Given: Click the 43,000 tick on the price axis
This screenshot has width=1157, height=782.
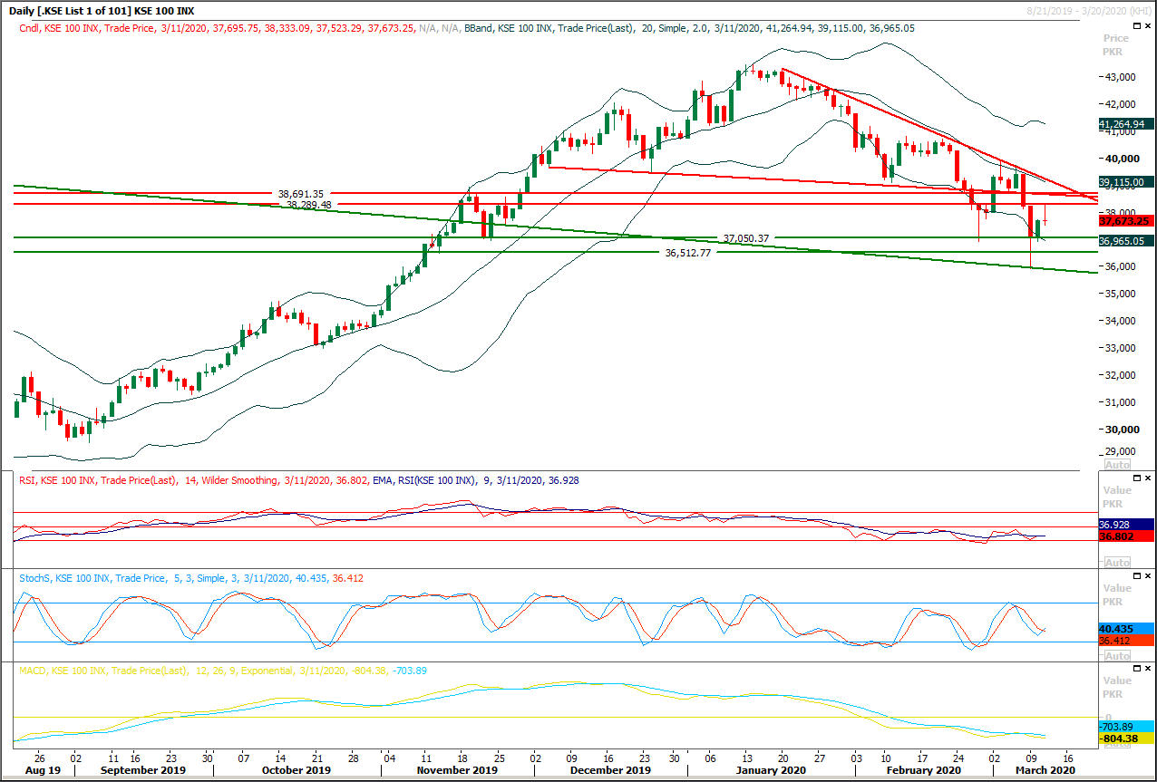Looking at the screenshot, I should click(1122, 77).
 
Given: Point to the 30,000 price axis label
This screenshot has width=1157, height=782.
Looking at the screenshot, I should click(1122, 430).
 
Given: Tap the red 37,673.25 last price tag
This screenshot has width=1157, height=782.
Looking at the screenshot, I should click(1124, 220).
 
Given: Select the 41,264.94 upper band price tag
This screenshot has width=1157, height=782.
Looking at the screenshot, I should click(1124, 124).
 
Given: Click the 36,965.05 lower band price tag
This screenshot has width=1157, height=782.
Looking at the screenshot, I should click(1124, 241).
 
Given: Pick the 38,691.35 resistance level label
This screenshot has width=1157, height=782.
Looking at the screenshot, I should click(301, 194).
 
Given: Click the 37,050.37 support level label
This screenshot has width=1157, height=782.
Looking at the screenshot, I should click(746, 238).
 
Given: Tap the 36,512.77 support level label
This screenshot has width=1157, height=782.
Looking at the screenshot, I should click(688, 254).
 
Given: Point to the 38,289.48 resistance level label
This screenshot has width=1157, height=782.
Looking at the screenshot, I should click(310, 205).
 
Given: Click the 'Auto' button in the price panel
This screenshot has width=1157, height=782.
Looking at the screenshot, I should click(1116, 464).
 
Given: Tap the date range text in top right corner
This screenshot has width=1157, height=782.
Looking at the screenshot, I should click(1088, 9).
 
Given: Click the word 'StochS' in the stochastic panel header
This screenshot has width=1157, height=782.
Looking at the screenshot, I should click(35, 578).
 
